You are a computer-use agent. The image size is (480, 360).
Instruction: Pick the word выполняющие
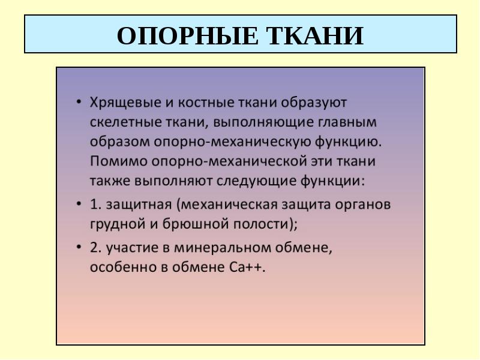[x=263, y=123]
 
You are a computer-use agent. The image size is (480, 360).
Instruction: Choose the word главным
[x=347, y=122]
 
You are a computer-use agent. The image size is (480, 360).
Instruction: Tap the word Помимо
[x=118, y=161]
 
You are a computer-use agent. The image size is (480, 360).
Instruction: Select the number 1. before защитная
[x=96, y=204]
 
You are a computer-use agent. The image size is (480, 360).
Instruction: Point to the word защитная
[x=139, y=205]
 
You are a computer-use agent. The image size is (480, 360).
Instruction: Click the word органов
[x=363, y=205]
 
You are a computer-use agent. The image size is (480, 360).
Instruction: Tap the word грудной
[x=118, y=224]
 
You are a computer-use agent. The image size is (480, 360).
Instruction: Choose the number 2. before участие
[x=96, y=248]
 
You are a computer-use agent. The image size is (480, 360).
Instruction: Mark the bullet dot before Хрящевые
[x=79, y=102]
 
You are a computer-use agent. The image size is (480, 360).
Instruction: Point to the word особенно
[x=124, y=267]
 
